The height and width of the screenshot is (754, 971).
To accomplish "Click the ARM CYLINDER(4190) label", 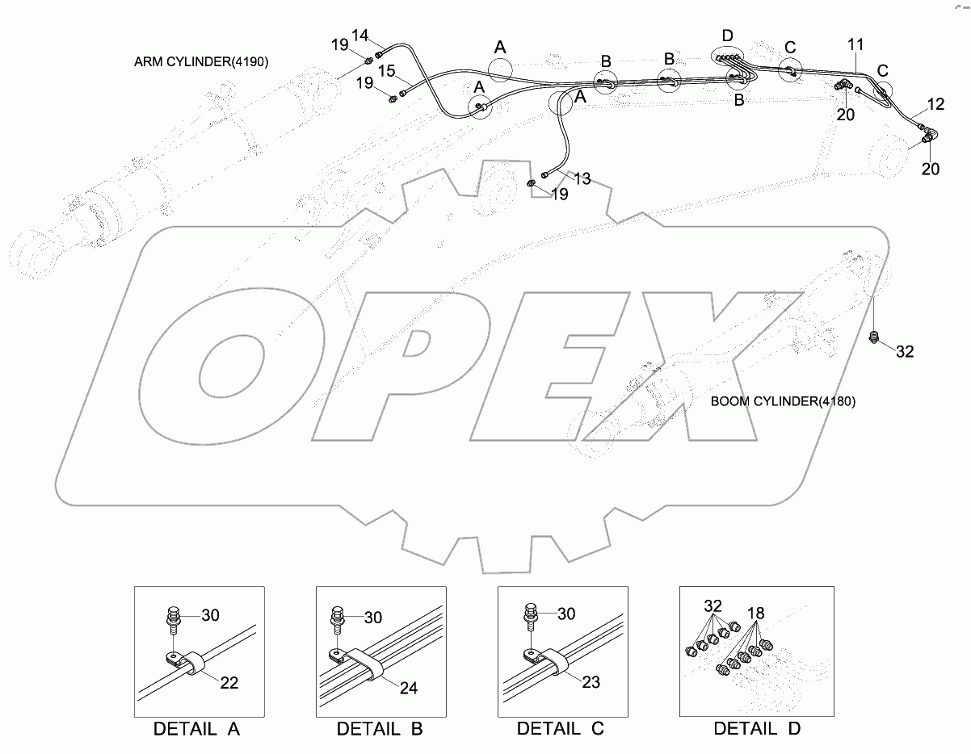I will pos(202,61).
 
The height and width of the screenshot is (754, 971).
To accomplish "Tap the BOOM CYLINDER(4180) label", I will pos(783,401).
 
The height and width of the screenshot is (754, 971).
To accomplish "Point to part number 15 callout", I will pos(387,72).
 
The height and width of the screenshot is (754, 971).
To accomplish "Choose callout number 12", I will pos(935,104).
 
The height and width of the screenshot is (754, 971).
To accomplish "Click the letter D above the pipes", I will pos(728,36).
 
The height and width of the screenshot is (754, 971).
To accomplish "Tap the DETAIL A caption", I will pos(198,729).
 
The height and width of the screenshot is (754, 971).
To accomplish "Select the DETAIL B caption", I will pos(380,729).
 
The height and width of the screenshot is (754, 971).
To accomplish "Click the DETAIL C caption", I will pos(561,729).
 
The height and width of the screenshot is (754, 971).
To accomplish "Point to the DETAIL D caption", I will pos(757,729).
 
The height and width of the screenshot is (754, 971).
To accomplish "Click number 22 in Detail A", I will pos(229,683).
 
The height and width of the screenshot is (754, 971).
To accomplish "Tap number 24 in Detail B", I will pos(410,689).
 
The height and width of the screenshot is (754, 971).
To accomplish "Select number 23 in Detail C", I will pos(591,683).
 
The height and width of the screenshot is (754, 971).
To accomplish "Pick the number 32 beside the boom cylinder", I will pos(905,352).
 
